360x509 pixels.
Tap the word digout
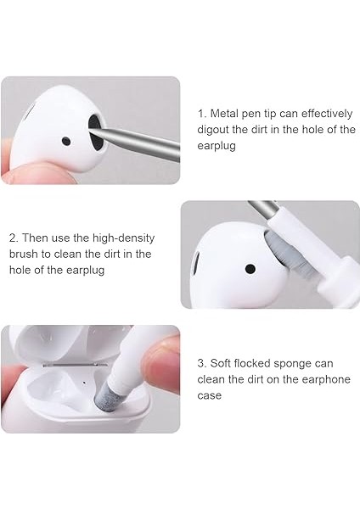pyautogui.click(x=216, y=129)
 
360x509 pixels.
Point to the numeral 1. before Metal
pyautogui.click(x=203, y=113)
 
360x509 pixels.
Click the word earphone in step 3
pyautogui.click(x=322, y=379)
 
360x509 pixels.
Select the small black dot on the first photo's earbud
pyautogui.click(x=65, y=140)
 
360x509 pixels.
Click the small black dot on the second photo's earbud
pyautogui.click(x=250, y=269)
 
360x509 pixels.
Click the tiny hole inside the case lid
pyautogui.click(x=84, y=381)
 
